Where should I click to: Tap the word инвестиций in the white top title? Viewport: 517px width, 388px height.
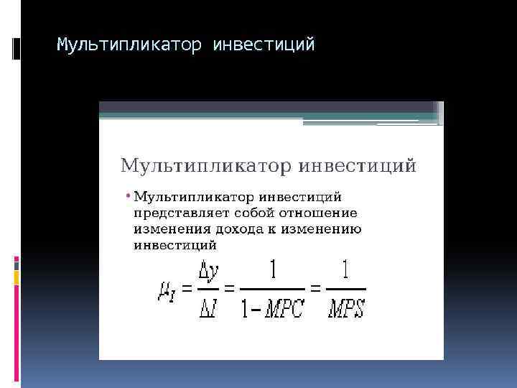264,45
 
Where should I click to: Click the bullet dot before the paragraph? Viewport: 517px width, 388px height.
127,195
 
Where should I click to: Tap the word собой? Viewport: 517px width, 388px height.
248,213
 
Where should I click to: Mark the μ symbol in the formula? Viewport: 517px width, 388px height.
164,290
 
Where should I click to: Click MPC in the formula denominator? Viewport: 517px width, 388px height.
284,310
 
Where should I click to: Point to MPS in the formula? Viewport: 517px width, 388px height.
347,310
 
